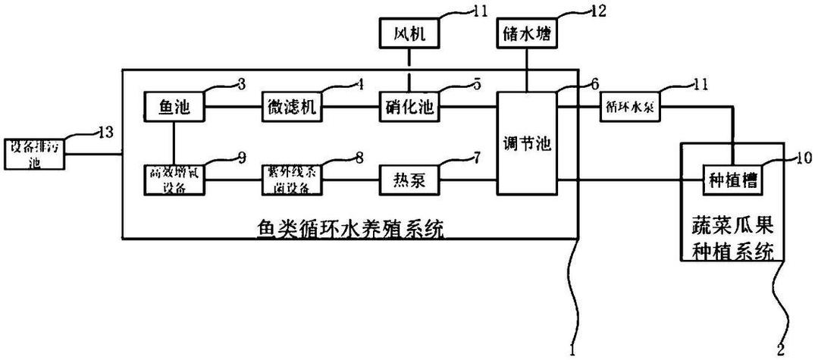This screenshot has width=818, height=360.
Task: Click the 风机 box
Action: point(409,35)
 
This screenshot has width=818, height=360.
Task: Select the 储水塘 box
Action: point(527,35)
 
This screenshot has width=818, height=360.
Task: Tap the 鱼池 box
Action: point(174,107)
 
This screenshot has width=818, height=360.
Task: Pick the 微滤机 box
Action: point(293,107)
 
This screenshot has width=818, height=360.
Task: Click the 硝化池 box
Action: point(409,107)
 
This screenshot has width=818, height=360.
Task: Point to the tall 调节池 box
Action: point(527,143)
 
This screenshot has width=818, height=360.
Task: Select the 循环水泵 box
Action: point(632,107)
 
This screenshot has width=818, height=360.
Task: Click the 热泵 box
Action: point(409,180)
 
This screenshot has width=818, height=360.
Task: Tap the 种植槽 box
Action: point(732,180)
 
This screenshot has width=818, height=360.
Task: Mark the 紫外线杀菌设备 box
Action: point(293,180)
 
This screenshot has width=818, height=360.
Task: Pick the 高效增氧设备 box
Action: point(174,180)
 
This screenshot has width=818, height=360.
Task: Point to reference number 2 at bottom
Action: point(781,348)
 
